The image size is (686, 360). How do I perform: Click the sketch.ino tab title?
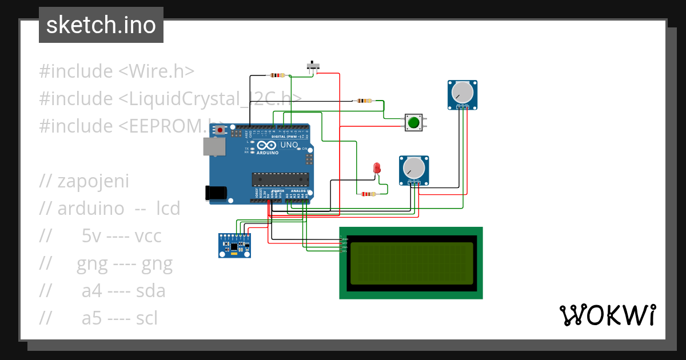pos(101,25)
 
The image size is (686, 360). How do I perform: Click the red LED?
pos(376,168)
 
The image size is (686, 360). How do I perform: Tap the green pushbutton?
pos(413,122)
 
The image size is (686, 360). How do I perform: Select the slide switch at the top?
pos(313,67)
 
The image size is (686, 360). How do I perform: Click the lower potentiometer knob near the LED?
pos(413,167)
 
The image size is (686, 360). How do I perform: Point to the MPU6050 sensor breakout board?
pos(234,246)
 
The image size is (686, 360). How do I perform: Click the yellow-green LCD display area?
pos(412,263)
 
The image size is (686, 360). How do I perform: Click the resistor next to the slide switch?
pos(277,75)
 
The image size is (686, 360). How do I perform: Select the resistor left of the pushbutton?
pos(364,101)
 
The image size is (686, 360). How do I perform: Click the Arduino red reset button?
pos(220,130)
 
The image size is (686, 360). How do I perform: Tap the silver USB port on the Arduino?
pos(214,147)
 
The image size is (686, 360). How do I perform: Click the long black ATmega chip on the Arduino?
pos(281,179)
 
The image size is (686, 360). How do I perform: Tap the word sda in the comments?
pos(150,291)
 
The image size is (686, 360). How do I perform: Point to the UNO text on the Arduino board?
pos(289,145)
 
